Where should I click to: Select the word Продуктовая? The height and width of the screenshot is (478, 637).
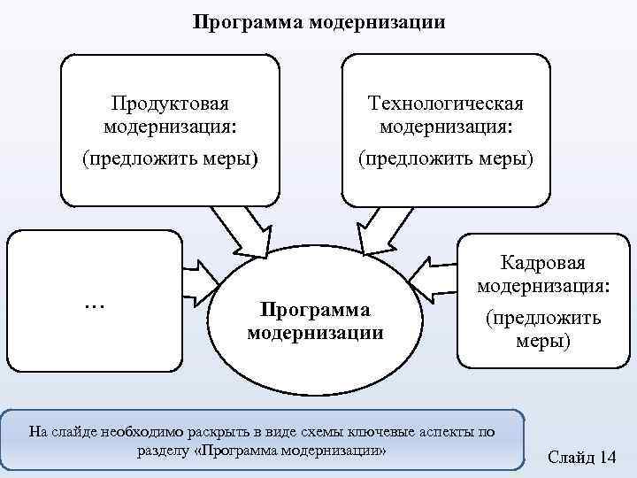click(170, 104)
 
